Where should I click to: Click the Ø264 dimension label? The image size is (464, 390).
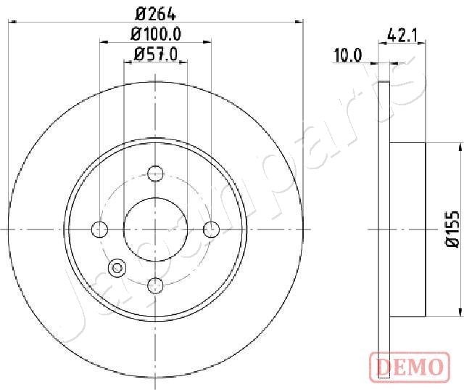click(156, 14)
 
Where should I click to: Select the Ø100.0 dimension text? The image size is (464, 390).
click(156, 34)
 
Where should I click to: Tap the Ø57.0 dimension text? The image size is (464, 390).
click(156, 54)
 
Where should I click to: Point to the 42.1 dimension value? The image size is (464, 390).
click(402, 36)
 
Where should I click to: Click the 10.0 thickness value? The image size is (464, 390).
click(348, 55)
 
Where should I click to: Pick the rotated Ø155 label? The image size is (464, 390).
click(453, 229)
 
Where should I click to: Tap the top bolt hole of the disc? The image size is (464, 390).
click(155, 174)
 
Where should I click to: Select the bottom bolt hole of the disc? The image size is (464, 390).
click(155, 285)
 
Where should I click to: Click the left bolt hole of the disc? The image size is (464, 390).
click(100, 229)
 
